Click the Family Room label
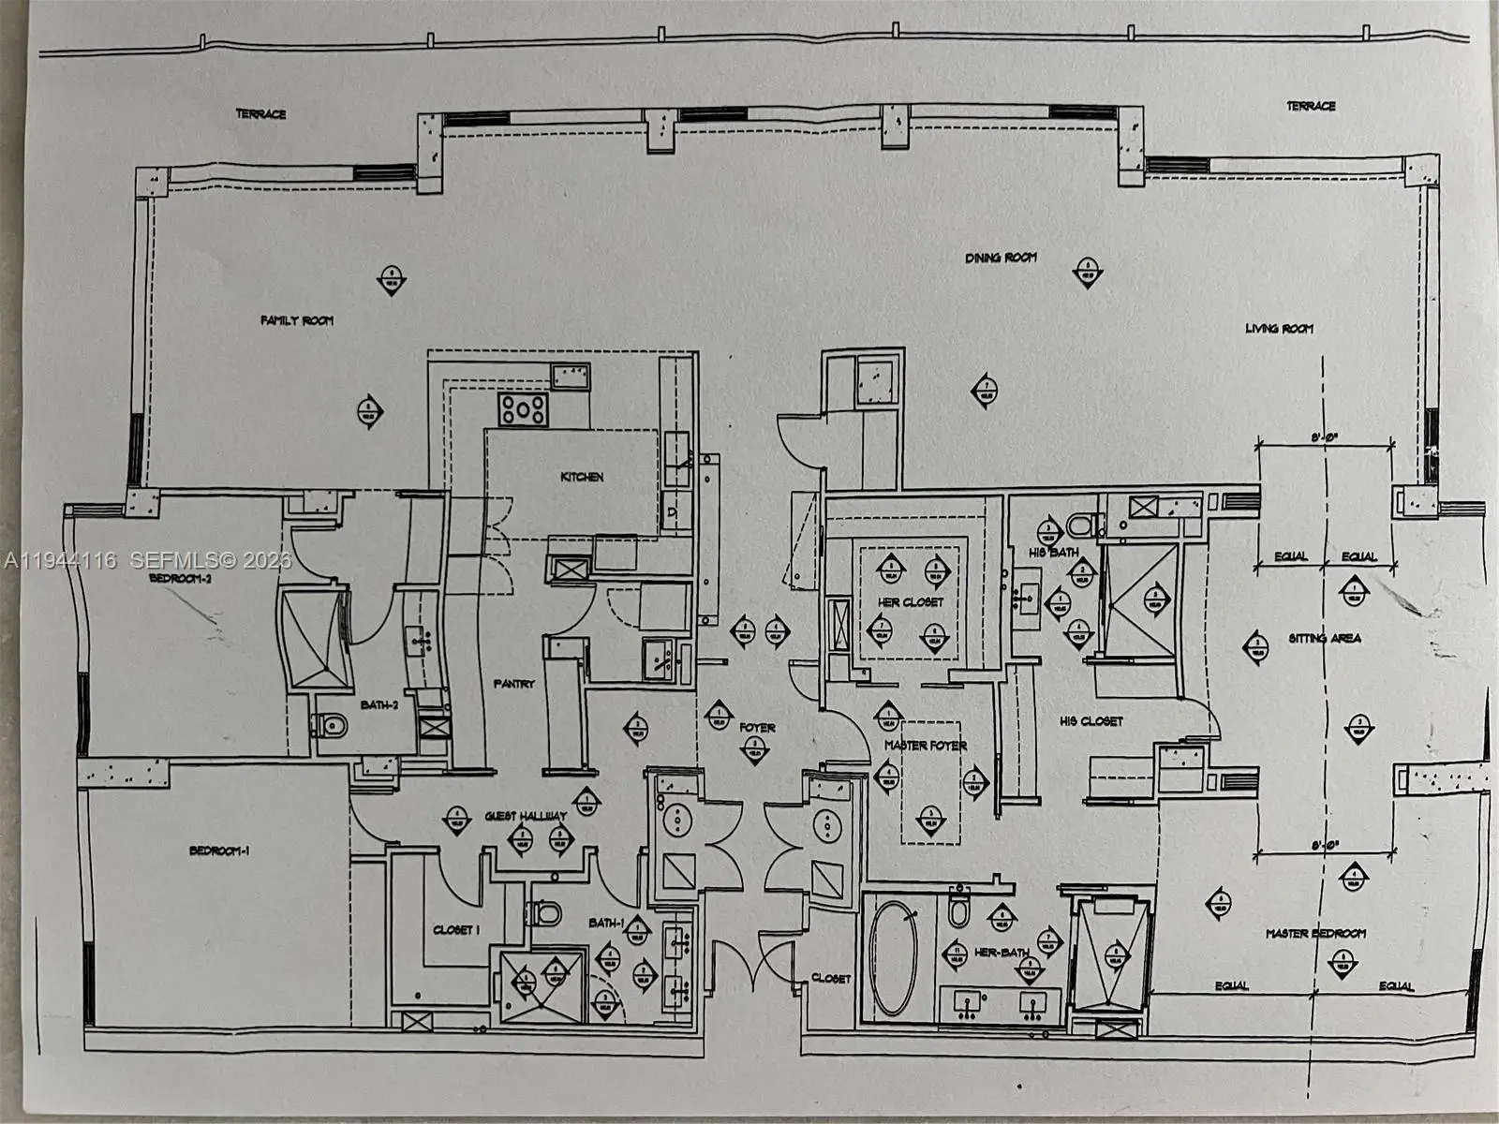297,320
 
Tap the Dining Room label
1001,258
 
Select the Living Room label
1279,329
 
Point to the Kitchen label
582,477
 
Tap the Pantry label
514,684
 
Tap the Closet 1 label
456,930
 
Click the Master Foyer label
926,746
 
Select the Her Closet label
911,602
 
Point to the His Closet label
1091,721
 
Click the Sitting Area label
1325,638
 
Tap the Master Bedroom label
1315,933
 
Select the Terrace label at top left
260,114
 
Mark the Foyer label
757,727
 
